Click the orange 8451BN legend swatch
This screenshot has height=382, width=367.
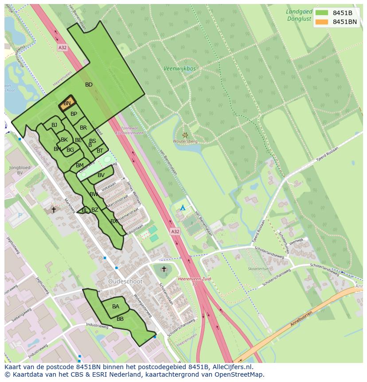pos(322,22)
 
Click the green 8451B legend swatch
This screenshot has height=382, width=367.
pos(322,12)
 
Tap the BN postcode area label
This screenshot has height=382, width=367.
pos(67,103)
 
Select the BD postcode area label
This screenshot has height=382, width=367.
pos(89,85)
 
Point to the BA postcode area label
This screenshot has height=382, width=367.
pos(116,307)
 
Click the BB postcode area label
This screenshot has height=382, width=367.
pos(120,319)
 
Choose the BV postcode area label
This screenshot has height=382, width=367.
pos(101,175)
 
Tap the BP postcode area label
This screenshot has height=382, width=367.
pos(74,114)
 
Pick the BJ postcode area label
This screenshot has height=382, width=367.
pos(54,125)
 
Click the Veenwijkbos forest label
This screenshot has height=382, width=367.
pos(180,69)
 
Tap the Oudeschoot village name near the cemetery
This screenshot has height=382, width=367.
pos(125,282)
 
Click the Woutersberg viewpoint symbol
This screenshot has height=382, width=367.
pos(185,135)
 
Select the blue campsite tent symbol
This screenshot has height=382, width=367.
pos(183,208)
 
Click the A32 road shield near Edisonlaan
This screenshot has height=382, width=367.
pos(176,232)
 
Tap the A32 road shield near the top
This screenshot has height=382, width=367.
pos(62,47)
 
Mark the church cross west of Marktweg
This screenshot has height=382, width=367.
pos(54,209)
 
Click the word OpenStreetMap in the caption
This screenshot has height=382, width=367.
pos(240,374)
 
